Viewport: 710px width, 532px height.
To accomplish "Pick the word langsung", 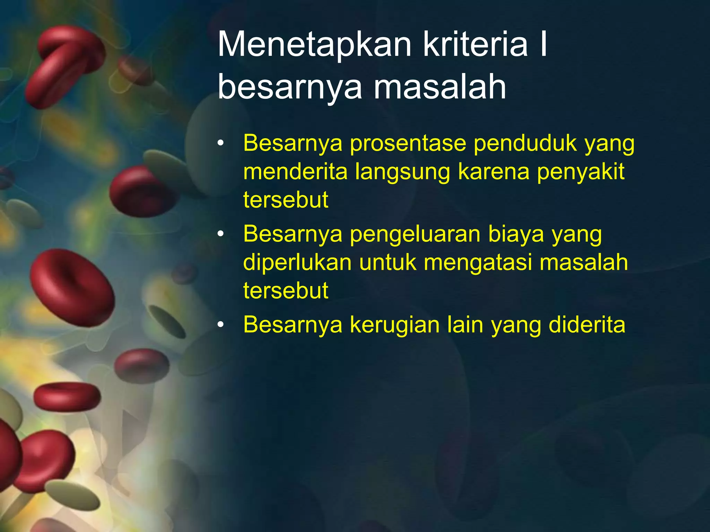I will pyautogui.click(x=402, y=172).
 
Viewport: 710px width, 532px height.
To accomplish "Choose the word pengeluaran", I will pyautogui.click(x=415, y=234).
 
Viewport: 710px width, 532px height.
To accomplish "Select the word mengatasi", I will pyautogui.click(x=477, y=263).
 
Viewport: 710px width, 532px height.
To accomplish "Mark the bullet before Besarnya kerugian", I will pyautogui.click(x=221, y=325).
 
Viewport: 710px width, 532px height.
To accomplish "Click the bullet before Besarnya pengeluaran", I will pyautogui.click(x=221, y=234).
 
